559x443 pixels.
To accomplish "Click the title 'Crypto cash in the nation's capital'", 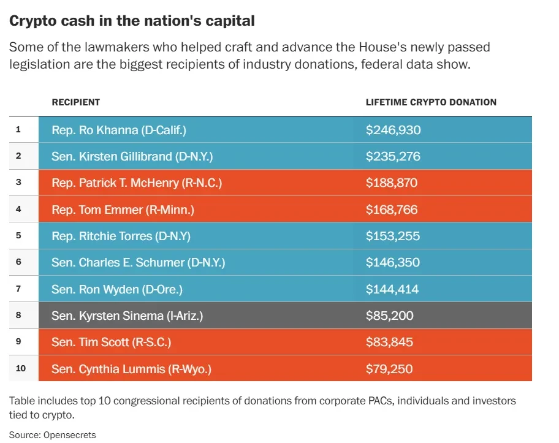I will [132, 21].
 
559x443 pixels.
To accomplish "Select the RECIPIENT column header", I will [75, 102].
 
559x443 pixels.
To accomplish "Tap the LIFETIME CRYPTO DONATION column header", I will [431, 102].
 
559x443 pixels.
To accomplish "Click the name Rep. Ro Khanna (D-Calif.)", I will [119, 130].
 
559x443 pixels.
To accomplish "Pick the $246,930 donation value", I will [394, 130].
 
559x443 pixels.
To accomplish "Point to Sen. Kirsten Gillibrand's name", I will [132, 156].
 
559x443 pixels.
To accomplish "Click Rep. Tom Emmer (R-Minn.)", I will [123, 210].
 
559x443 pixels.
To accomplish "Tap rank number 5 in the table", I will [18, 236].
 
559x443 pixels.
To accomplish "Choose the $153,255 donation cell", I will [392, 236].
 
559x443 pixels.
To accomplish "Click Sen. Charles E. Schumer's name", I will [139, 262].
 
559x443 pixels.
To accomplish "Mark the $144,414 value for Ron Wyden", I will [392, 289].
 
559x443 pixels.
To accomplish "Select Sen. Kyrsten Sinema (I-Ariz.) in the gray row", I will [127, 316].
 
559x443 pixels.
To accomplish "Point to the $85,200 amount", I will [390, 316].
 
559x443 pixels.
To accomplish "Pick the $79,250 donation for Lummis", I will [389, 369].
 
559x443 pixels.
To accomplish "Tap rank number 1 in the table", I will [18, 130].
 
